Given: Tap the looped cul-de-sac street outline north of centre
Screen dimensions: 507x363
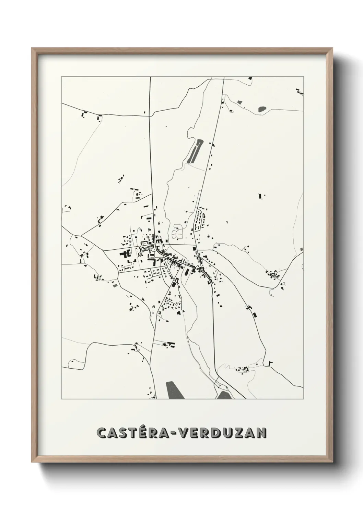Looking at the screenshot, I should [178, 232].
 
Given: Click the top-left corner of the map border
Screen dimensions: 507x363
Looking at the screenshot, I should [61, 77].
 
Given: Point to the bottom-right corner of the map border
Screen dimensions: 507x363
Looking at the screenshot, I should [304, 399].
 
